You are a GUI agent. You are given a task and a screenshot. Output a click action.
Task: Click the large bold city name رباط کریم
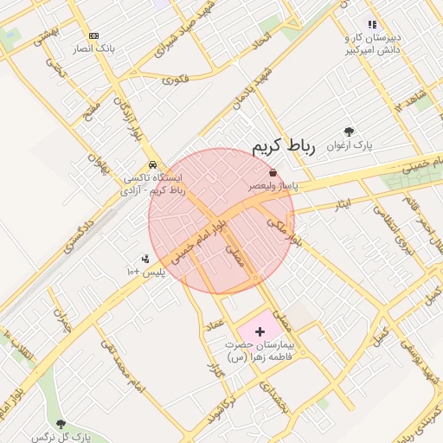click(285, 147)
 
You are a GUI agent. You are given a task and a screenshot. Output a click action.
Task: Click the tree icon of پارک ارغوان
click(349, 132)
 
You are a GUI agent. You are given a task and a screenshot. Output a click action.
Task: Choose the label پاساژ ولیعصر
click(274, 186)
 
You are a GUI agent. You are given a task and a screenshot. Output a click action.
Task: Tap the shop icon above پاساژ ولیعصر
click(273, 173)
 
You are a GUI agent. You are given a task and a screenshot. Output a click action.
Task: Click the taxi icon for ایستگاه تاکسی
click(153, 164)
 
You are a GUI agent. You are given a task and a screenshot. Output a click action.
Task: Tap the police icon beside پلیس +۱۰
click(144, 259)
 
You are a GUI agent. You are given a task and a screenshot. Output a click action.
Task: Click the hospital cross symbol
click(260, 331)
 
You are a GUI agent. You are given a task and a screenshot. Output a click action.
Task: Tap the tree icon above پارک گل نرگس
click(60, 423)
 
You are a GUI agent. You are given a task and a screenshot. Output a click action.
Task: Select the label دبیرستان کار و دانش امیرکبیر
click(372, 44)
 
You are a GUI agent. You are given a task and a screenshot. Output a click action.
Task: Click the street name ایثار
click(343, 204)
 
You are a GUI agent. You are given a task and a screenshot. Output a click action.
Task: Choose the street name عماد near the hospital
click(214, 324)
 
